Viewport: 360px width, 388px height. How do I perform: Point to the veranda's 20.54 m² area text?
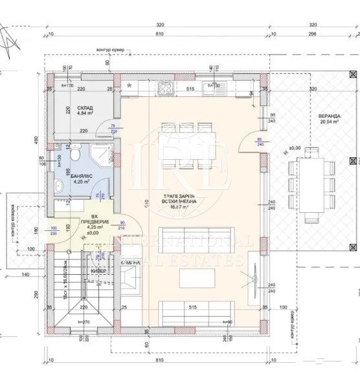(x=329, y=123)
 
